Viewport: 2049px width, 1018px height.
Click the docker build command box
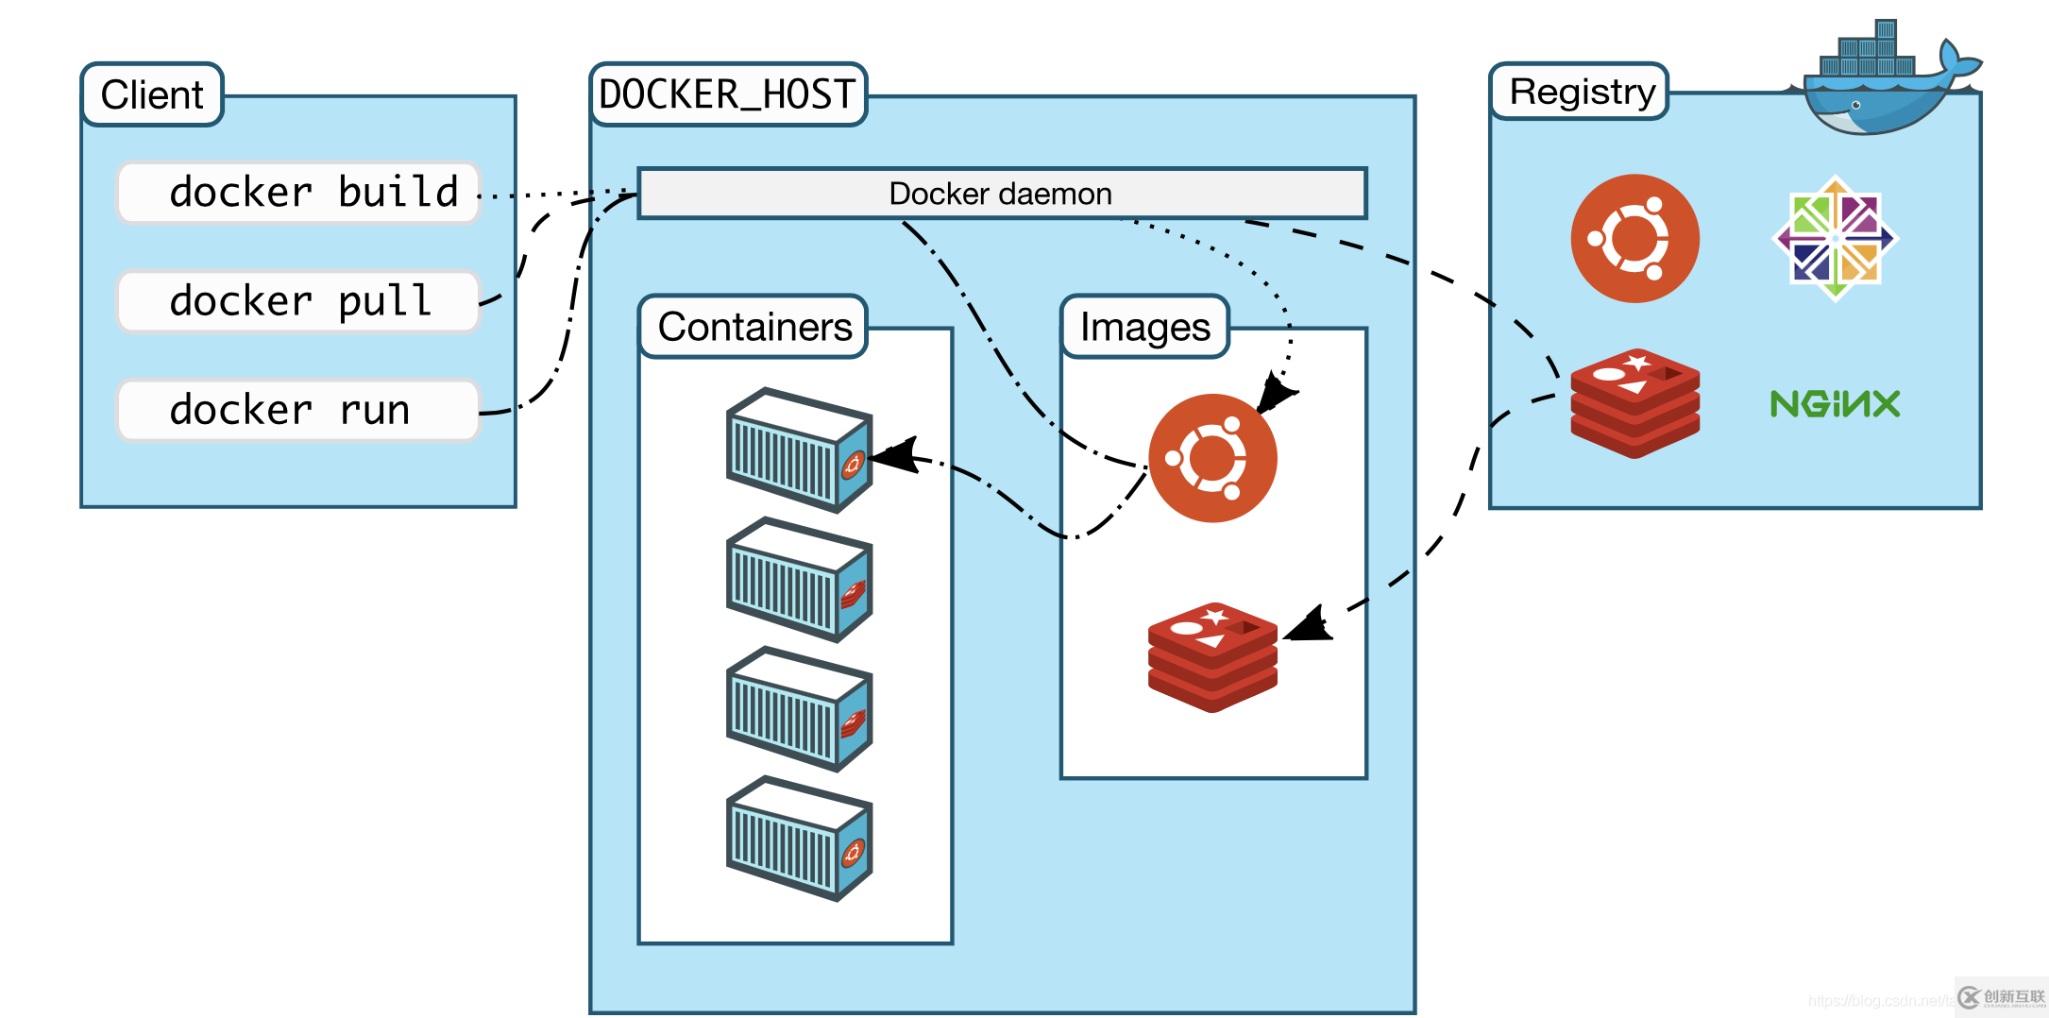click(298, 193)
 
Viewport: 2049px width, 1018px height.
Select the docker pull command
click(298, 301)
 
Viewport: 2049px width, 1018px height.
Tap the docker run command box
click(298, 410)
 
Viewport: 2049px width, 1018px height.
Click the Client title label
click(152, 94)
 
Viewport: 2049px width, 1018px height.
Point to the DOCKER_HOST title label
click(727, 94)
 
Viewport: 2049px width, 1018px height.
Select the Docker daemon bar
click(1001, 194)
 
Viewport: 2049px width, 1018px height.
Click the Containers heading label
click(754, 327)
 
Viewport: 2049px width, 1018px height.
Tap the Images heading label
click(1144, 327)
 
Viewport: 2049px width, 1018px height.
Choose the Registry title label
click(1581, 92)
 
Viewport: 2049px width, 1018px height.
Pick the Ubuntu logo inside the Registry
click(1634, 238)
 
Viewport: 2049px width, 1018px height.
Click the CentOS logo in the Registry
click(1835, 238)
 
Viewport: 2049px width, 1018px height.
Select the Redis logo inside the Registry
click(1634, 403)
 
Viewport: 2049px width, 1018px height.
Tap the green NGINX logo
click(1835, 404)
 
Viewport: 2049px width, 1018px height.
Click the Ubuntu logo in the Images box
click(1212, 458)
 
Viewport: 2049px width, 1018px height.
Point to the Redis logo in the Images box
click(1212, 657)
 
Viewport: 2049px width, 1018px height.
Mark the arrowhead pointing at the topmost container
click(895, 455)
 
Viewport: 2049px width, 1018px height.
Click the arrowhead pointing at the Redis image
click(1310, 625)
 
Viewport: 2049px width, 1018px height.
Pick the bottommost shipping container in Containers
click(799, 839)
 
